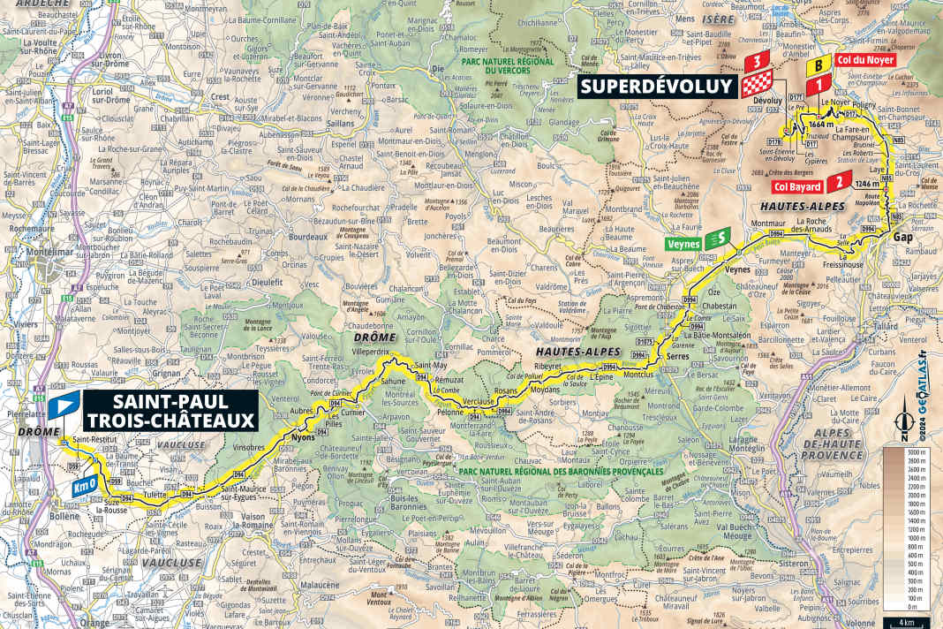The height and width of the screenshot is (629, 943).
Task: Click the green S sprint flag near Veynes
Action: tap(722, 237)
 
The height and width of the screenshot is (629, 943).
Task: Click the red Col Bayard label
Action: tap(797, 186)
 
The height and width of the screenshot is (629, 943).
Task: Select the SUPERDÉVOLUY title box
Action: tap(657, 87)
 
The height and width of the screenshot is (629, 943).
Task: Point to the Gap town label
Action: tap(902, 238)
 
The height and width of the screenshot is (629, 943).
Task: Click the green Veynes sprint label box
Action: tap(684, 243)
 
